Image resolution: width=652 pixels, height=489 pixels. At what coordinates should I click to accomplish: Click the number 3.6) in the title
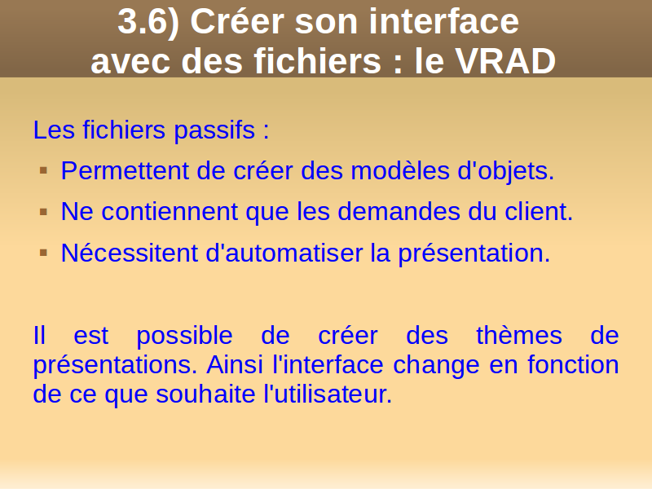pyautogui.click(x=148, y=23)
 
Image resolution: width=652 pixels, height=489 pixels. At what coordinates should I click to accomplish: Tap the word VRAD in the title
pyautogui.click(x=505, y=61)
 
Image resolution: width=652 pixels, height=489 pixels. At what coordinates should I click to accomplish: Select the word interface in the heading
pyautogui.click(x=443, y=22)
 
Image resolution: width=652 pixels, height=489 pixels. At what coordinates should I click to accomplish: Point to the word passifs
pyautogui.click(x=214, y=130)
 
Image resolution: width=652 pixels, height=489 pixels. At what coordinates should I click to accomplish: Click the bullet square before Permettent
pyautogui.click(x=44, y=170)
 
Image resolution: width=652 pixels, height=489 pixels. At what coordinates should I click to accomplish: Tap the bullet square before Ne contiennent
pyautogui.click(x=44, y=212)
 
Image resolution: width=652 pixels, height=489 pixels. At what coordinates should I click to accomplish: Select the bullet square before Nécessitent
pyautogui.click(x=44, y=253)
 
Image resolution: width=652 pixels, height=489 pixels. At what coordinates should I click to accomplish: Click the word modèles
pyautogui.click(x=400, y=170)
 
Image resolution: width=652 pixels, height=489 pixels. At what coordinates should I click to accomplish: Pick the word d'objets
pyautogui.click(x=505, y=171)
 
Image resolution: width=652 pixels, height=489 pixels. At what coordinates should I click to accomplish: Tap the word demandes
pyautogui.click(x=399, y=211)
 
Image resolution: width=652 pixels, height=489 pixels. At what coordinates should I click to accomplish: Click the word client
pyautogui.click(x=539, y=211)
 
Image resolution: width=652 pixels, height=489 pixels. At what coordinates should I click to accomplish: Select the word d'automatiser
pyautogui.click(x=284, y=253)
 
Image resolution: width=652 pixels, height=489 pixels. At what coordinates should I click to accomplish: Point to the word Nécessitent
pyautogui.click(x=130, y=253)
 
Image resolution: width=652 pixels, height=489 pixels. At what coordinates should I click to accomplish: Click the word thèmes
pyautogui.click(x=519, y=335)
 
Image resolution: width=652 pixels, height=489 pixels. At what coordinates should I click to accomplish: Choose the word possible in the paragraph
pyautogui.click(x=184, y=337)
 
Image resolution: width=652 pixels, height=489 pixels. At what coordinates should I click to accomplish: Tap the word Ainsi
pyautogui.click(x=235, y=364)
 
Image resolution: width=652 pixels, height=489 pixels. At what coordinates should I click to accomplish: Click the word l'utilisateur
pyautogui.click(x=328, y=394)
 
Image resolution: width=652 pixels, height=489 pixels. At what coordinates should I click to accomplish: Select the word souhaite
pyautogui.click(x=205, y=394)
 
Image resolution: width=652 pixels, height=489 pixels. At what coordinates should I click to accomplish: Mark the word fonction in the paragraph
pyautogui.click(x=573, y=364)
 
